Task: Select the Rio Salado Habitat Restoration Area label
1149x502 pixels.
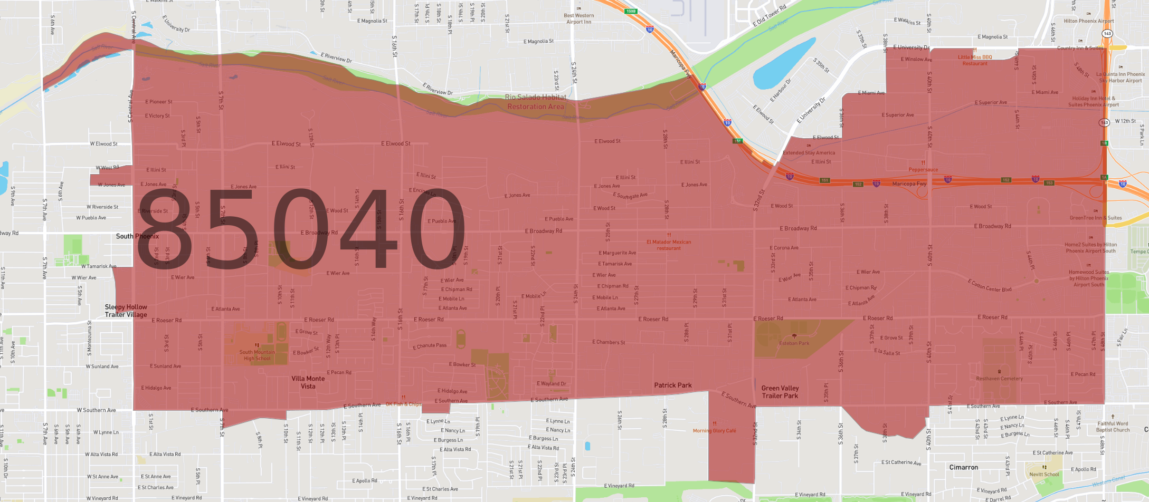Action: (x=535, y=102)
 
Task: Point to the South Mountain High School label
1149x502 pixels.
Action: (x=257, y=355)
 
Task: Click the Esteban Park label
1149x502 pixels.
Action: (x=794, y=343)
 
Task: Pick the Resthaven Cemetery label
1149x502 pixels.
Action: (x=999, y=379)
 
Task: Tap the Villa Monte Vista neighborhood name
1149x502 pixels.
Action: (x=308, y=382)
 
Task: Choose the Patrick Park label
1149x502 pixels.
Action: (x=672, y=385)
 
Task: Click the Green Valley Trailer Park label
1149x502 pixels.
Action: (x=780, y=392)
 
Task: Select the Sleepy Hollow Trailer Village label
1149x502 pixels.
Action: (x=126, y=311)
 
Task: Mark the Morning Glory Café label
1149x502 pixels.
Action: (x=714, y=431)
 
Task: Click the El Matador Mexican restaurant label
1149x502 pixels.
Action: (x=668, y=245)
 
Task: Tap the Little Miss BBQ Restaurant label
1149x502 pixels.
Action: (x=974, y=60)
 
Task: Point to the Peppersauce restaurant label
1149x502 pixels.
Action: (x=923, y=170)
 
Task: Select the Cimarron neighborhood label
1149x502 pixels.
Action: (x=963, y=468)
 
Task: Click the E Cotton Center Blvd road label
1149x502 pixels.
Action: (x=990, y=285)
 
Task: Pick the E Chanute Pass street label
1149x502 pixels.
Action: (x=430, y=346)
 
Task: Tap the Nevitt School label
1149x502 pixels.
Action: (x=1043, y=475)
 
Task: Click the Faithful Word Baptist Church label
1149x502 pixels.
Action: (x=1113, y=427)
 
